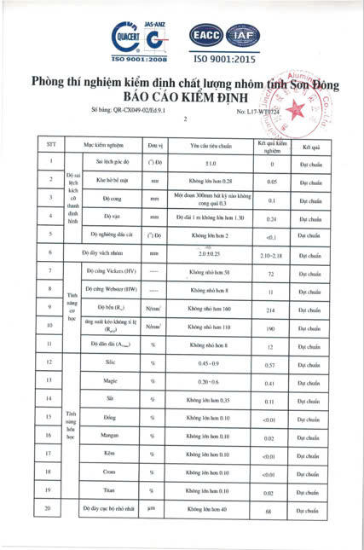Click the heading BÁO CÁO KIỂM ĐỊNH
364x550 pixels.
tap(183, 97)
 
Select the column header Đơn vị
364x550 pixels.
tap(154, 143)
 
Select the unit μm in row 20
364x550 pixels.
tap(154, 510)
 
